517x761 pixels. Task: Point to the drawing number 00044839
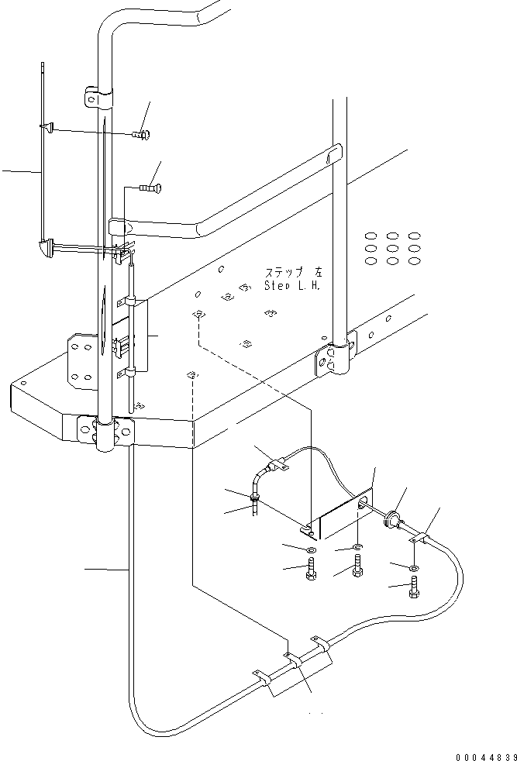pyautogui.click(x=481, y=755)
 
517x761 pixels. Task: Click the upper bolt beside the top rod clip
pyautogui.click(x=140, y=135)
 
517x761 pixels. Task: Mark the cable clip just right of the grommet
pyautogui.click(x=421, y=538)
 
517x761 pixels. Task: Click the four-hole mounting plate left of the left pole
pyautogui.click(x=80, y=359)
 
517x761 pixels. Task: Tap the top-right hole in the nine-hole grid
pyautogui.click(x=415, y=236)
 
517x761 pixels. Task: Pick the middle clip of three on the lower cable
pyautogui.click(x=293, y=660)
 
